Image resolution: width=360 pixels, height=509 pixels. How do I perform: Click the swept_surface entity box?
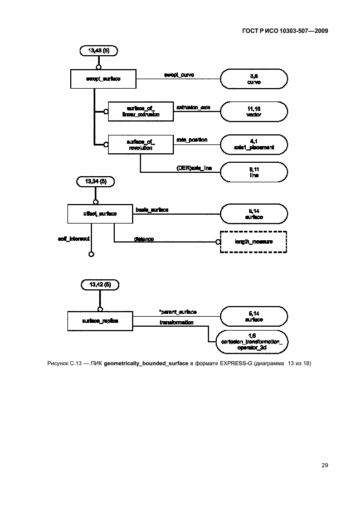point(104,79)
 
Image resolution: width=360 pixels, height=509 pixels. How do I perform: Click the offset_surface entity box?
point(91,214)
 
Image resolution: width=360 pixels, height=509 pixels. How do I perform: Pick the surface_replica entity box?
point(100,321)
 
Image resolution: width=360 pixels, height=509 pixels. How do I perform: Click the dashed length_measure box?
point(254,241)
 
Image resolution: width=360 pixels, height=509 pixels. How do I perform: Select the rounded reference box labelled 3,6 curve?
point(254,79)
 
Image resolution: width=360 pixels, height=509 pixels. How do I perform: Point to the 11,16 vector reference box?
point(254,111)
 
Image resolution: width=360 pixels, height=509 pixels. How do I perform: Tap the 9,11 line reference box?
point(254,172)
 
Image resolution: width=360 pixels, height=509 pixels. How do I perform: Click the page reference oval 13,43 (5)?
point(99,51)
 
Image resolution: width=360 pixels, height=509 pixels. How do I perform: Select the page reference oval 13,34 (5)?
point(95,182)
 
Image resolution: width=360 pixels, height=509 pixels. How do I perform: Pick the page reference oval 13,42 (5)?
point(100,285)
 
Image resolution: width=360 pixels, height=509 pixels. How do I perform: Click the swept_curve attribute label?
point(178,75)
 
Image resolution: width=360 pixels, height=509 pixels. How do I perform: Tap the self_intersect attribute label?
point(74,238)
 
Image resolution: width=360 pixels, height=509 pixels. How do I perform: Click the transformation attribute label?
point(177,322)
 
